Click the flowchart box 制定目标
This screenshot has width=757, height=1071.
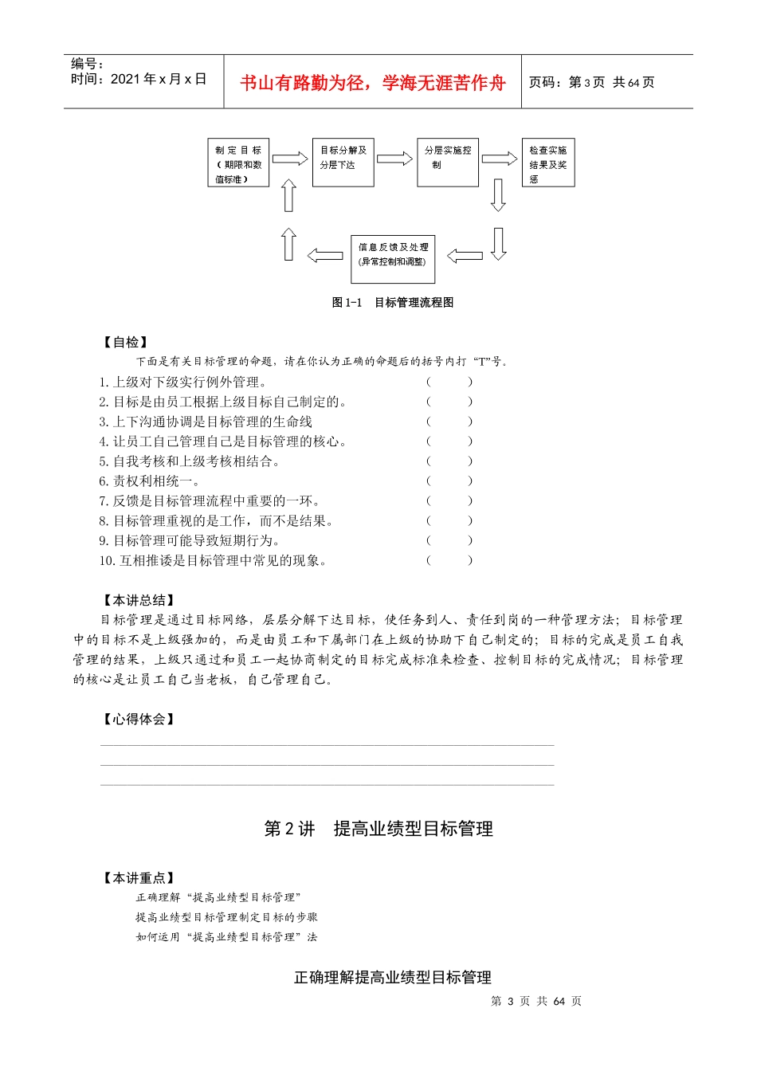coord(238,163)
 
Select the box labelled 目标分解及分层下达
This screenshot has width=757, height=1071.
coord(343,163)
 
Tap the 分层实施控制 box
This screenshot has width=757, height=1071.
coord(448,163)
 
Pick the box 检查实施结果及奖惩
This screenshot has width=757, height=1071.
coord(548,163)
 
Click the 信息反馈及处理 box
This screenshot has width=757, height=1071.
coord(393,258)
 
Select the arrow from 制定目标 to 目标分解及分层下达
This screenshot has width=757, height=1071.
coord(290,159)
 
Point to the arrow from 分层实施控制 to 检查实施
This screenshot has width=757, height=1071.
coord(500,159)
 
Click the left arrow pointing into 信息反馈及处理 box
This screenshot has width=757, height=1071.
coord(465,256)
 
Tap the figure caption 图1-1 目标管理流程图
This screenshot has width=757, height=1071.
coord(393,303)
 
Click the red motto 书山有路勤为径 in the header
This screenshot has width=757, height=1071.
coord(373,83)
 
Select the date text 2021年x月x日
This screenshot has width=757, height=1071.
coord(158,79)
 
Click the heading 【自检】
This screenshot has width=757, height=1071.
coord(126,342)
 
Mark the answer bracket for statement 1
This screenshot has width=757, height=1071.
coord(449,382)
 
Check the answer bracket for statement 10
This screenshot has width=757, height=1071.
coord(449,560)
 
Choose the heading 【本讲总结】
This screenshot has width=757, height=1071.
coord(139,600)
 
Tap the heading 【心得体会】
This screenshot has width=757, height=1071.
coord(139,719)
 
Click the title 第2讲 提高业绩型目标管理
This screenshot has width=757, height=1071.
coord(378,829)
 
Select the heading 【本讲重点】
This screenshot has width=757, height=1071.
coord(139,877)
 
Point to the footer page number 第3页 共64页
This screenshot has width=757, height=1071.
coord(536,1001)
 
